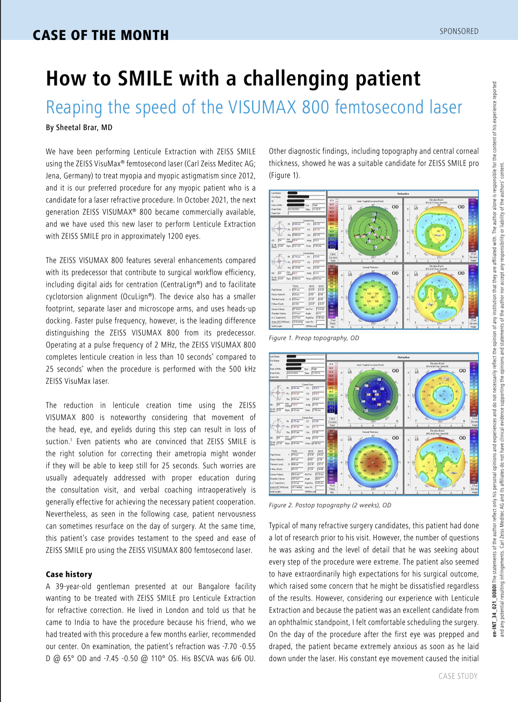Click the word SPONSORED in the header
pyautogui.click(x=459, y=31)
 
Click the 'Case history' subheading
pyautogui.click(x=69, y=574)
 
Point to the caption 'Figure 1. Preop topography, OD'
pyautogui.click(x=314, y=338)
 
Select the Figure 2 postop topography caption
pyautogui.click(x=330, y=505)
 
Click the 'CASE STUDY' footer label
pyautogui.click(x=458, y=676)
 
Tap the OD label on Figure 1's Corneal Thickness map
pyautogui.click(x=395, y=273)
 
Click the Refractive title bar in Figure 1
pyautogui.click(x=403, y=193)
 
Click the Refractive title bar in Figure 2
pyautogui.click(x=403, y=357)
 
